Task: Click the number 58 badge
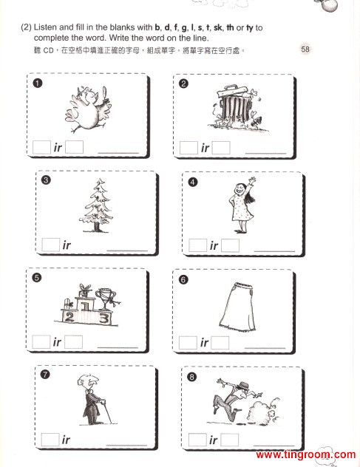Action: tap(305, 50)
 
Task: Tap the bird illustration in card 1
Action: tap(88, 109)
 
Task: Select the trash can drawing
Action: tap(237, 108)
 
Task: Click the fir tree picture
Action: tap(96, 205)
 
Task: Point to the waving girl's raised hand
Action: tap(252, 180)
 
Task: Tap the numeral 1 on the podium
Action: tap(85, 307)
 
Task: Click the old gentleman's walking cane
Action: tap(106, 411)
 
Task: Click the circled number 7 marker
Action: tap(45, 374)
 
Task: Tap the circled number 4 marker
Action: tap(193, 182)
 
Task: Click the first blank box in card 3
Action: tap(51, 245)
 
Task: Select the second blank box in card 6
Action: tap(220, 343)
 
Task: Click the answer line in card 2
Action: tap(265, 154)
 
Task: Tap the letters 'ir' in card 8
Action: tap(214, 440)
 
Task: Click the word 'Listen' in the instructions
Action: tap(45, 27)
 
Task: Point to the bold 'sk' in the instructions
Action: tap(217, 27)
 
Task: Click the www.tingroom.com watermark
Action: tap(306, 454)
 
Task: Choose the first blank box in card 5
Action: tap(41, 342)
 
